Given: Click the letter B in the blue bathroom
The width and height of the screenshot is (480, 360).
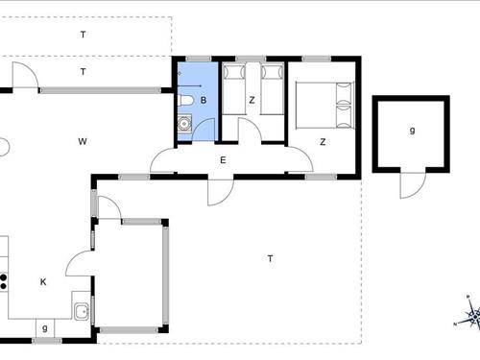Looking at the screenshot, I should tap(203, 100).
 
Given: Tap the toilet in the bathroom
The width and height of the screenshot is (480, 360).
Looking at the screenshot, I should tap(186, 100).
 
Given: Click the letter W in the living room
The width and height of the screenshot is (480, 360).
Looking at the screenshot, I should tap(84, 142).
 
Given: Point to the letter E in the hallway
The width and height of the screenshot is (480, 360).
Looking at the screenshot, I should tap(222, 160).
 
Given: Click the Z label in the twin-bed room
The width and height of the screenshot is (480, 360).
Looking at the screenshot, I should tap(252, 100).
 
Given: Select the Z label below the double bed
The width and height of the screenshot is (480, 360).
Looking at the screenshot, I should tap(323, 142).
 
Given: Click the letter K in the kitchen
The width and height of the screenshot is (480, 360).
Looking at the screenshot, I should tap(43, 282).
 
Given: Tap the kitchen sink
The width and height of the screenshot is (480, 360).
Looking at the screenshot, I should tap(83, 310).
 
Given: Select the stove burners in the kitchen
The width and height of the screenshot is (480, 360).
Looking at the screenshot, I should tap(4, 281).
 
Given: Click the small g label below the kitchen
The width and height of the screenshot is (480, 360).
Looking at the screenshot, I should tap(44, 328).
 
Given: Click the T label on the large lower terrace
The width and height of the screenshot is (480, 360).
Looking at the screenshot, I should tap(271, 258).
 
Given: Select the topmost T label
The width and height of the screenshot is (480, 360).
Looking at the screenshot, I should tap(84, 35).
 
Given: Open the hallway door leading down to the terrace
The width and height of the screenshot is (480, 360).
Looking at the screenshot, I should tap(221, 190).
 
